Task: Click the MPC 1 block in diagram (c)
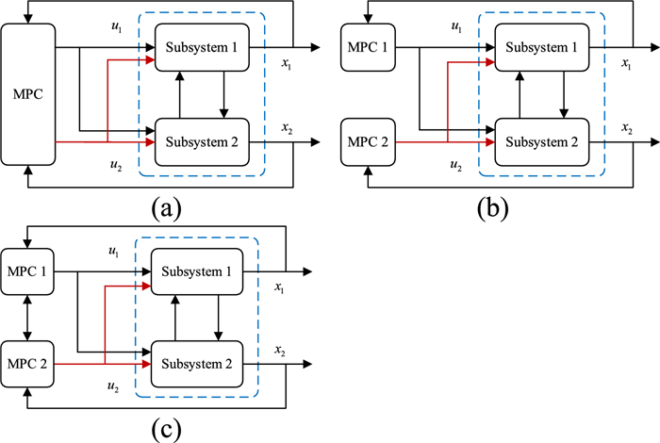29,271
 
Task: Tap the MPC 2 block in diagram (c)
29,362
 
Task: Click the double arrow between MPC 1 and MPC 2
29,317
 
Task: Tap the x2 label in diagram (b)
626,127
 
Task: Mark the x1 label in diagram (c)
280,286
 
